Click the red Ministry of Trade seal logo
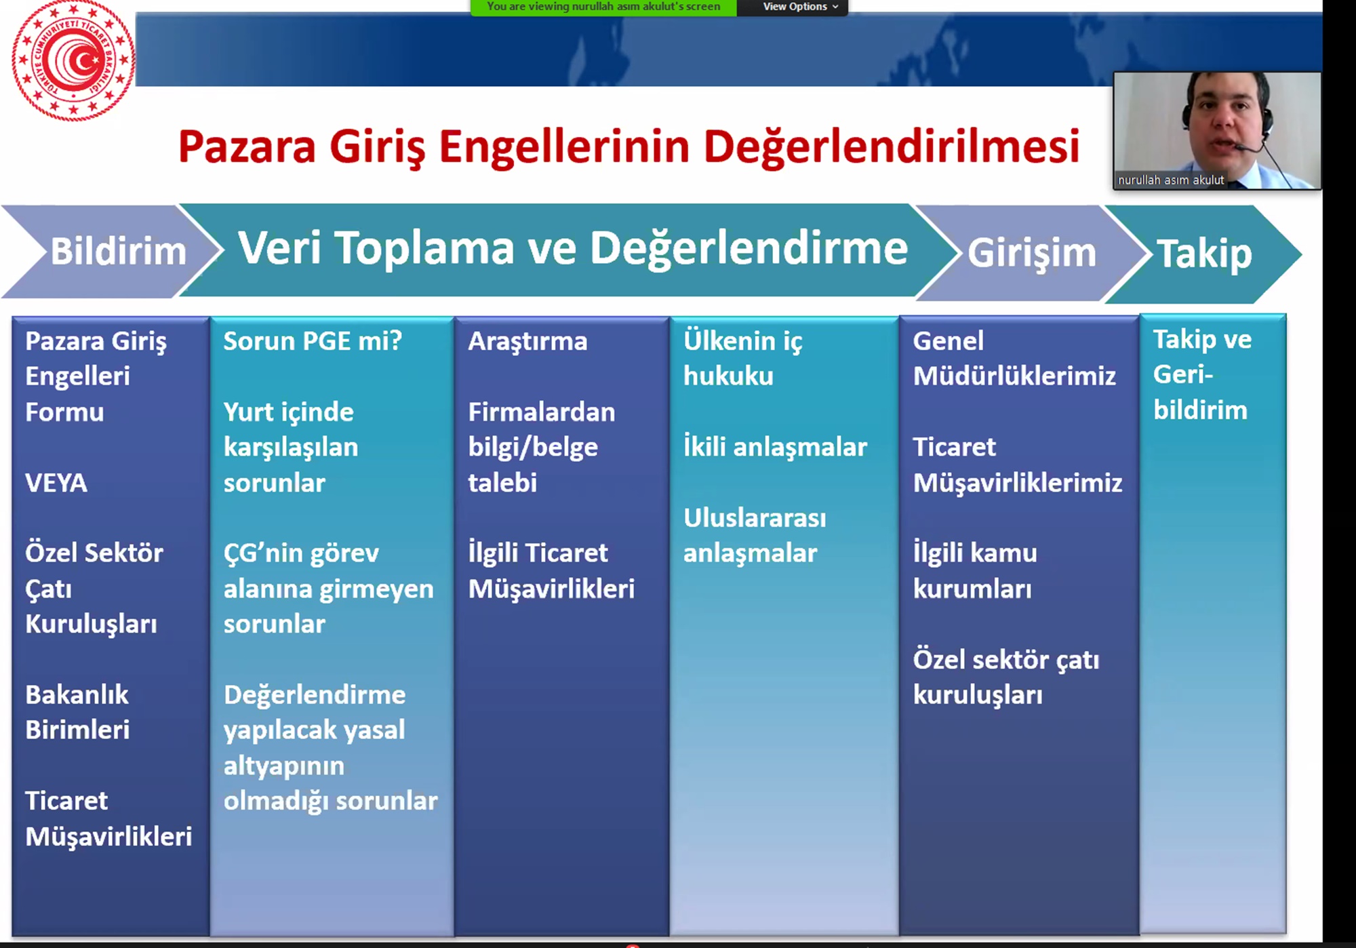click(73, 60)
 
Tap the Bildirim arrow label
click(119, 252)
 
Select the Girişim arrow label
click(1031, 254)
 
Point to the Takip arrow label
click(1204, 254)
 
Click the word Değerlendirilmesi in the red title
click(892, 147)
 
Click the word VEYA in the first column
click(56, 483)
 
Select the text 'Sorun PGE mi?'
click(313, 340)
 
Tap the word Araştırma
click(527, 342)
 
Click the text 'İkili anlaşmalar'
click(775, 448)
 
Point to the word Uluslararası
click(755, 518)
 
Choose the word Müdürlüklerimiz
click(1014, 376)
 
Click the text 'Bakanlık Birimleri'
click(77, 712)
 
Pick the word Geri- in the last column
click(1183, 374)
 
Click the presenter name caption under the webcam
click(1171, 180)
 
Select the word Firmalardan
click(542, 412)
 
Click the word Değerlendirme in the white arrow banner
click(749, 250)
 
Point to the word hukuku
click(728, 376)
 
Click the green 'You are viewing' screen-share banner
click(603, 7)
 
